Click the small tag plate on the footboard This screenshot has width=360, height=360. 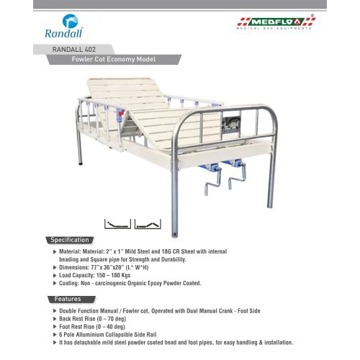pos(233,123)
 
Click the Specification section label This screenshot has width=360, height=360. pos(69,240)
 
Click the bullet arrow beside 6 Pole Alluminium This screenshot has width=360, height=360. pos(55,334)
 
